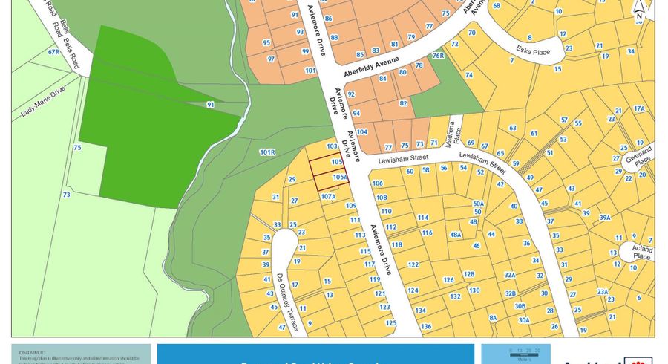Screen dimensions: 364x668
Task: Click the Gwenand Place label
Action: tap(642, 155)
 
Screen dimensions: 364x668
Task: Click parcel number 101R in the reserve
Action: tap(267, 152)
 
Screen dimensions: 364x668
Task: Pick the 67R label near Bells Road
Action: tap(53, 52)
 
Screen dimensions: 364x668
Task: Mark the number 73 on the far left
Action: tap(66, 195)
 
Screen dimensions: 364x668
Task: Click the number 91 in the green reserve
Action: tap(210, 105)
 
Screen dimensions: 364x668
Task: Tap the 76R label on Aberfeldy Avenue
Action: tap(438, 56)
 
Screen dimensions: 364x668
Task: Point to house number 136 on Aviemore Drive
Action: tap(425, 326)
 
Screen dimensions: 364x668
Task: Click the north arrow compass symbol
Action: tap(638, 9)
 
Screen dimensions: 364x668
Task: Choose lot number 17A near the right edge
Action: tap(638, 108)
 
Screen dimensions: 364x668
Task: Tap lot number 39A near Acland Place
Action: tap(605, 217)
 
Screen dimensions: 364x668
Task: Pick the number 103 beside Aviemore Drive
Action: tap(332, 146)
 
